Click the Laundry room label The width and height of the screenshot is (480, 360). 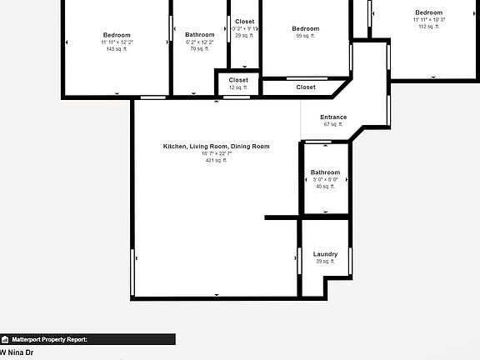325,254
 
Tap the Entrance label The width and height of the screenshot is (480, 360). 333,117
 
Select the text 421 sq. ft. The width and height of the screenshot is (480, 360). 216,160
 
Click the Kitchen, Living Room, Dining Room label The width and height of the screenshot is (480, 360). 216,147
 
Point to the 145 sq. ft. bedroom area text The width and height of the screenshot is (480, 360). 117,49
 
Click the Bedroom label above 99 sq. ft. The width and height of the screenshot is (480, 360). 306,29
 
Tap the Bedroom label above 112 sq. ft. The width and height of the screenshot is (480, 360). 429,12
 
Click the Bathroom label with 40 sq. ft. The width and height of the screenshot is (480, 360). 325,172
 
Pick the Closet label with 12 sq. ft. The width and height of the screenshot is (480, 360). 238,80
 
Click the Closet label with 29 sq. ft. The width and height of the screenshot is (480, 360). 244,22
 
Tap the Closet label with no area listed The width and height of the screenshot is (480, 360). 306,87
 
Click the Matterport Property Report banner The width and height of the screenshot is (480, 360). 87,339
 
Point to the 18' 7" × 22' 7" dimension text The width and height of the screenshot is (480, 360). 216,153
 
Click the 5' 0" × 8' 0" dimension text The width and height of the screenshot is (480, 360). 325,179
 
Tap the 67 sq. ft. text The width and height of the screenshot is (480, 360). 333,124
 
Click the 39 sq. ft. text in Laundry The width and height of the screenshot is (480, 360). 325,262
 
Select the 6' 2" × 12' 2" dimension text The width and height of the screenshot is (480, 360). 199,42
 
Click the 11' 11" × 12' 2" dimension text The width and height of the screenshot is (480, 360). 117,42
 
